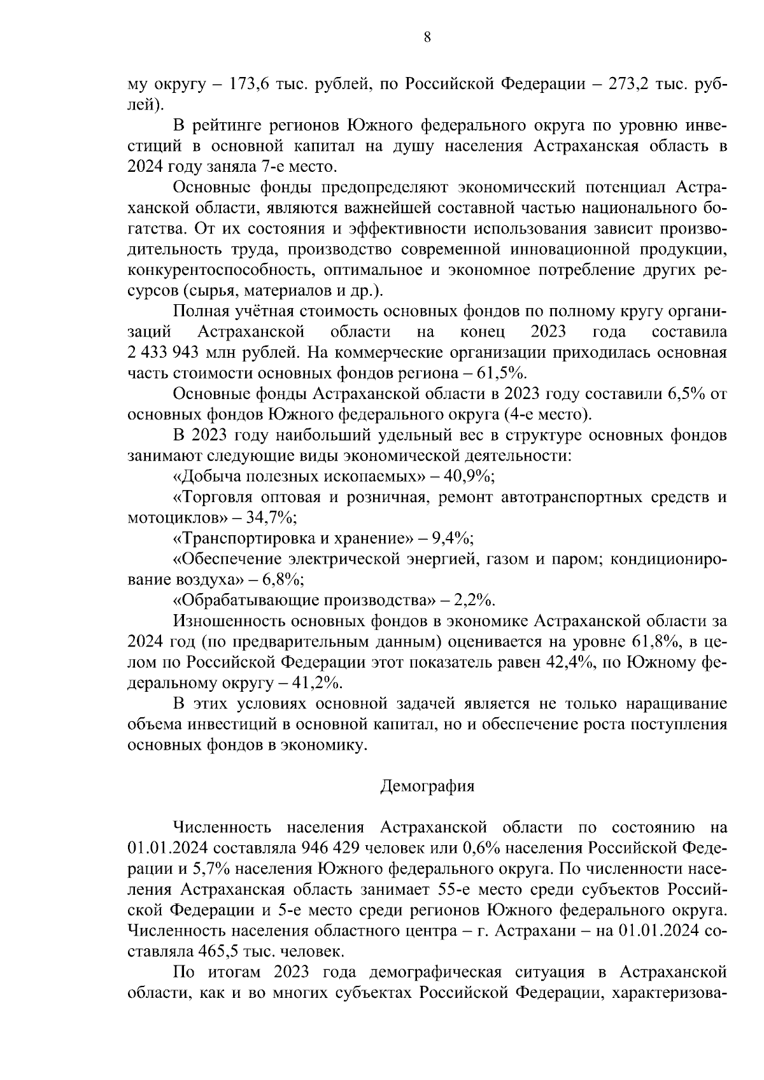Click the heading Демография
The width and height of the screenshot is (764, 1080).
[427, 786]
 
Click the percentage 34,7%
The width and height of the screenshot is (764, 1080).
[268, 518]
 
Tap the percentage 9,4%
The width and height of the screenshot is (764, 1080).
[453, 539]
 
